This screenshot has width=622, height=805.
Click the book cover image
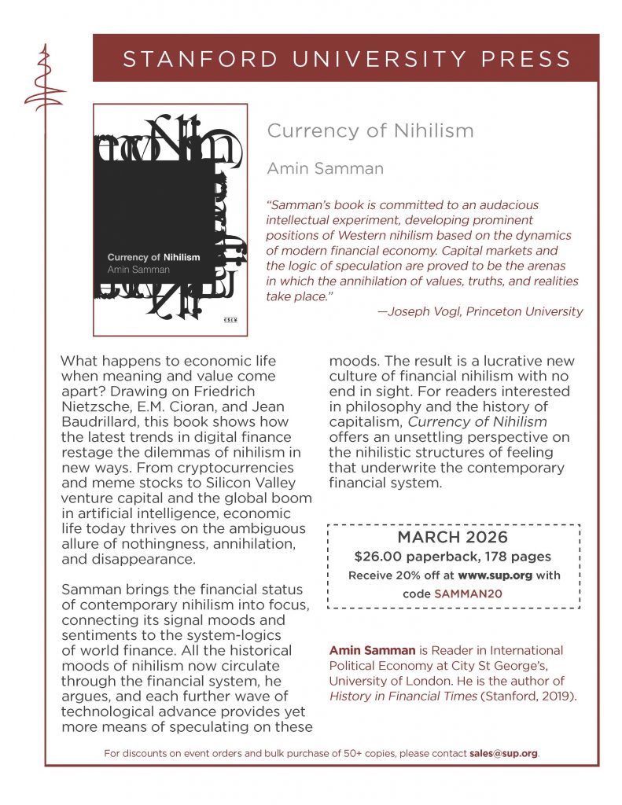pyautogui.click(x=170, y=220)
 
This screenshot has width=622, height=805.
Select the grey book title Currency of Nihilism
pyautogui.click(x=370, y=130)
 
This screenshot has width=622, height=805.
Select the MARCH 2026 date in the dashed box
pyautogui.click(x=452, y=539)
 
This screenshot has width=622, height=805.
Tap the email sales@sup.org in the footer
pyautogui.click(x=504, y=753)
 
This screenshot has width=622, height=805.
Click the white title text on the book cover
pyautogui.click(x=153, y=257)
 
